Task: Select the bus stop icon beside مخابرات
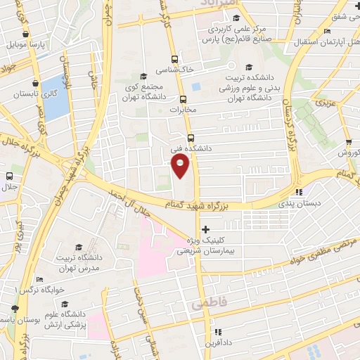tap(183, 99)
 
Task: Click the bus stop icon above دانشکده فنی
tap(191, 138)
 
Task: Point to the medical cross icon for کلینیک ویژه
tap(205, 229)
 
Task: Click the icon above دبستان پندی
tap(299, 191)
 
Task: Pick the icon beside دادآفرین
tap(217, 332)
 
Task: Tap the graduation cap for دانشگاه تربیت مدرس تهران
tap(79, 247)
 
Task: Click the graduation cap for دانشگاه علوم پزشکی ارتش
tap(65, 304)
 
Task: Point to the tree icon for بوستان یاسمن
tap(14, 309)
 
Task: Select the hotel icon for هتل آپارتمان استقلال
tap(327, 32)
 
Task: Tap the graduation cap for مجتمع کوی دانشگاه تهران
tap(143, 76)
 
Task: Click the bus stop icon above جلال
tap(9, 176)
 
